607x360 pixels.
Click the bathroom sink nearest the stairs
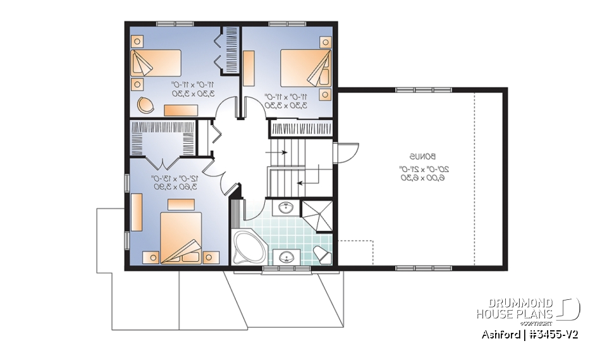click(286, 206)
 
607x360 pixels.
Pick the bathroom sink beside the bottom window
click(287, 258)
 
